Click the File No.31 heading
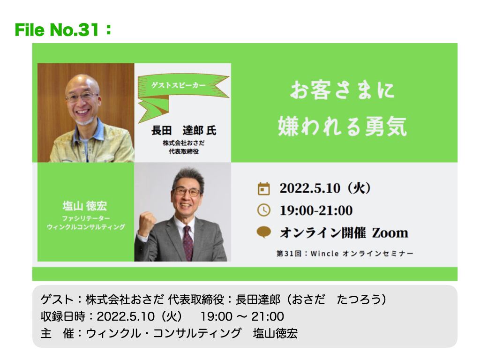[63, 30]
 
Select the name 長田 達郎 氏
[184, 130]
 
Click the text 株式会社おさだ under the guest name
[184, 142]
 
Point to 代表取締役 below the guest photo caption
[184, 151]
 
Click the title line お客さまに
[342, 90]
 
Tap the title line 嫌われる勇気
[342, 126]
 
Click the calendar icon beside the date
[263, 188]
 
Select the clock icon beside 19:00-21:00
[263, 210]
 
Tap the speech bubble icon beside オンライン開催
[263, 232]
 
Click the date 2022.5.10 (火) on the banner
[325, 188]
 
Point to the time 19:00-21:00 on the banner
[316, 210]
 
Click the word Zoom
[390, 233]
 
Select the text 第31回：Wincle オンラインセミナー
[345, 254]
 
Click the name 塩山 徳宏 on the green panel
[85, 206]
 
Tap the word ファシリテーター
[86, 218]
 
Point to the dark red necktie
[188, 243]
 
